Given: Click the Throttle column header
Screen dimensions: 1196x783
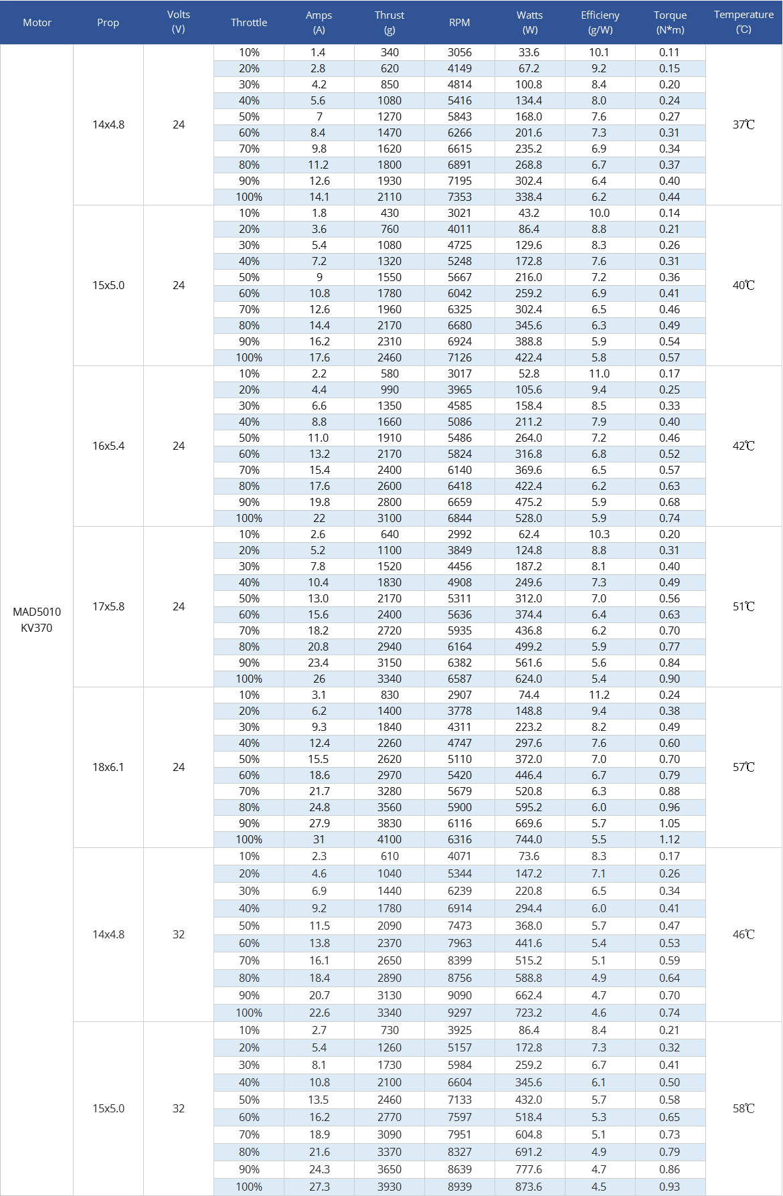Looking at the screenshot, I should [249, 22].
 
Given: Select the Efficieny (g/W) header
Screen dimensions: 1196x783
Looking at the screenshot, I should [600, 22].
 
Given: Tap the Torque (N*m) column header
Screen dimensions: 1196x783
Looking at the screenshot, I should [670, 22].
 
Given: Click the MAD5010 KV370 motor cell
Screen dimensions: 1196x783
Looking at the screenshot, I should [37, 620].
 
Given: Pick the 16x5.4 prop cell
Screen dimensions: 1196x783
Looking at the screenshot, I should [108, 446].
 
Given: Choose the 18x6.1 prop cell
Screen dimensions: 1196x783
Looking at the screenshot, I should [108, 767].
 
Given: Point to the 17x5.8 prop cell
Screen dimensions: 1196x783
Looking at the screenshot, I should [108, 606].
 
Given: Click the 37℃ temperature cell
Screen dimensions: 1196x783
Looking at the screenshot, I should [744, 124].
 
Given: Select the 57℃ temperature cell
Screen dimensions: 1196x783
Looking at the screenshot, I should [744, 767].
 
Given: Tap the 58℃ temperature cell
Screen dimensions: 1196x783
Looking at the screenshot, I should [744, 1108].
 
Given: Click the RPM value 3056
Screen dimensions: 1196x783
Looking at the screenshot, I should [460, 52].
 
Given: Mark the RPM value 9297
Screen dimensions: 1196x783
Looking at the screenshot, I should [460, 1013].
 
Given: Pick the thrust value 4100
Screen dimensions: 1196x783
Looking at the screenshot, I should [389, 839].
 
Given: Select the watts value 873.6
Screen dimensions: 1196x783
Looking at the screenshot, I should [529, 1187].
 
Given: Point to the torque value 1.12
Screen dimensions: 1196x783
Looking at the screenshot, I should [669, 839].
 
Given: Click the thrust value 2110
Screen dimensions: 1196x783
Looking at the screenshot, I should [389, 197].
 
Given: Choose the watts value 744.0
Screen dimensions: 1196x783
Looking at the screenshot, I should [529, 839].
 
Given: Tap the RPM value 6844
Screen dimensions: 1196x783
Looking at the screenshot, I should [460, 518].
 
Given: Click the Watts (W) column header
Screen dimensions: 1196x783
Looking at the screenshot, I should [529, 22].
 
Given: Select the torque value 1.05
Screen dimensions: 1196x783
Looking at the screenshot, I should [669, 823].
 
